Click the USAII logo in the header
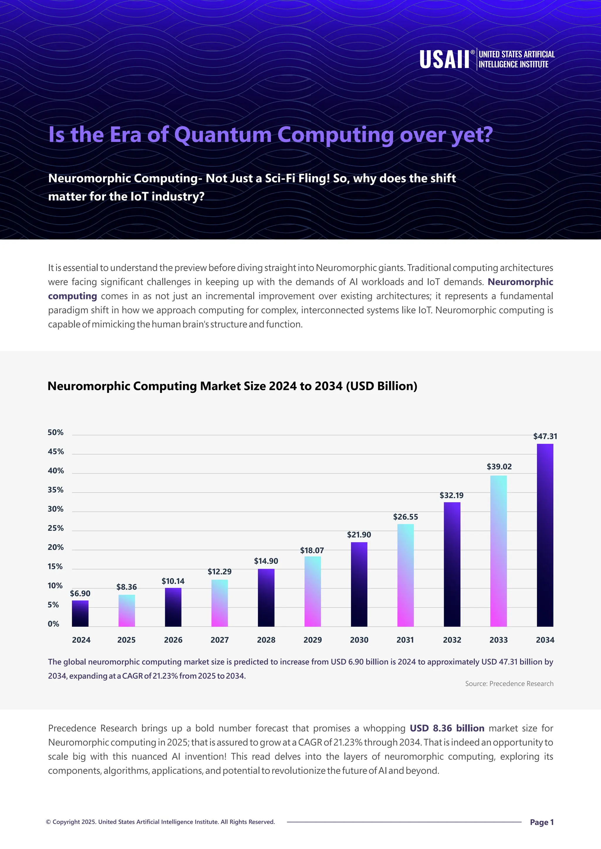486,60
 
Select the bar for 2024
80,614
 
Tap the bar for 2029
313,591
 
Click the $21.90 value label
359,535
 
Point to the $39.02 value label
499,467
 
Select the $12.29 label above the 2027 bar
220,572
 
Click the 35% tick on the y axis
55,490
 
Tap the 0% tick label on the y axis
53,624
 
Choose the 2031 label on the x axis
405,640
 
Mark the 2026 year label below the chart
173,640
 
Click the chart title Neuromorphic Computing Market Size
232,386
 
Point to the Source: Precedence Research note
509,684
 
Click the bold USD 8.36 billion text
447,728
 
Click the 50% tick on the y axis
55,433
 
